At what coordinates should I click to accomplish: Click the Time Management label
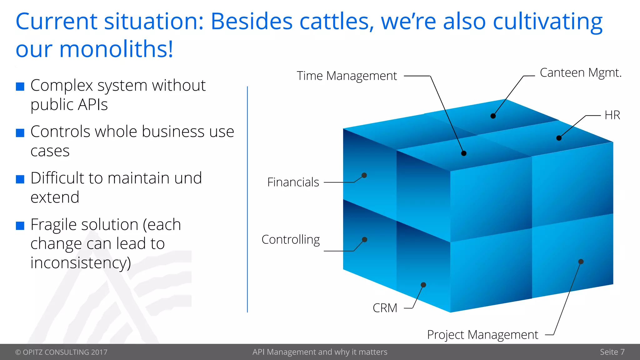pyautogui.click(x=347, y=76)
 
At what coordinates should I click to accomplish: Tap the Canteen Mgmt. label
pyautogui.click(x=581, y=73)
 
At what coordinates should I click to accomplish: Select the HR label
pyautogui.click(x=612, y=115)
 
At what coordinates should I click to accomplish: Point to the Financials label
pyautogui.click(x=293, y=182)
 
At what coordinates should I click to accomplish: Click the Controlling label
pyautogui.click(x=291, y=240)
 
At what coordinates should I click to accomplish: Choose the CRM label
pyautogui.click(x=385, y=308)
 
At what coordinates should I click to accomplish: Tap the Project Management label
pyautogui.click(x=482, y=335)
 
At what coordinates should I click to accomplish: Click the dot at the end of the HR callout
pyautogui.click(x=559, y=138)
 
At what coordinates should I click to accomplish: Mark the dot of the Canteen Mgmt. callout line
pyautogui.click(x=493, y=116)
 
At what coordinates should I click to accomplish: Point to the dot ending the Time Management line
pyautogui.click(x=464, y=153)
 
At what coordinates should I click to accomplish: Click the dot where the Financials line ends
pyautogui.click(x=364, y=175)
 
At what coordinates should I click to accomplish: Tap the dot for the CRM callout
pyautogui.click(x=423, y=285)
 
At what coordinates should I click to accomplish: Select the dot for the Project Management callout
pyautogui.click(x=581, y=262)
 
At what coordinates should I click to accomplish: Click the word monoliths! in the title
pyautogui.click(x=116, y=49)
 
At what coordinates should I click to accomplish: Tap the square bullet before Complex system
pyautogui.click(x=20, y=87)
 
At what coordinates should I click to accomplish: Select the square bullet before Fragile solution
pyautogui.click(x=20, y=226)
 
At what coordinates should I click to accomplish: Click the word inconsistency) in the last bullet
pyautogui.click(x=81, y=262)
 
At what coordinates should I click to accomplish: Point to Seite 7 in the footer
pyautogui.click(x=612, y=352)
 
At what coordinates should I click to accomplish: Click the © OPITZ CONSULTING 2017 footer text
pyautogui.click(x=61, y=352)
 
